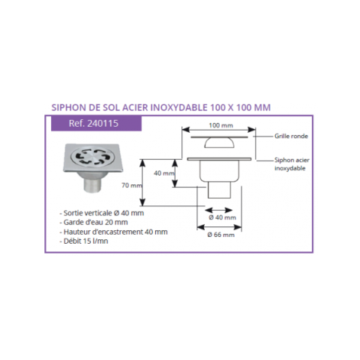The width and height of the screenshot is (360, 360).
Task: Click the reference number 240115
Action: pyautogui.click(x=103, y=124)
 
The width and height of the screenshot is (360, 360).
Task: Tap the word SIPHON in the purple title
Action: pyautogui.click(x=68, y=107)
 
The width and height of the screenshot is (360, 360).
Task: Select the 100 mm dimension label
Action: pyautogui.click(x=220, y=125)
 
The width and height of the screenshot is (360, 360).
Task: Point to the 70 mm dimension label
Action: pyautogui.click(x=132, y=185)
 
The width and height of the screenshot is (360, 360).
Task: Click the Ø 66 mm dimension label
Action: pyautogui.click(x=221, y=235)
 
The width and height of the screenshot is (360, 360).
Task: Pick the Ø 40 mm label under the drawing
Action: pyautogui.click(x=222, y=217)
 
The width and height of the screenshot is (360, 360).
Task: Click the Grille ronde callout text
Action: pyautogui.click(x=291, y=136)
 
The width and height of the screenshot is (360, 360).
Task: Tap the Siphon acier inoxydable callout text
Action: pyautogui.click(x=292, y=164)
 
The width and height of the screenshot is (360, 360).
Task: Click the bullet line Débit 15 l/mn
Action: pyautogui.click(x=84, y=241)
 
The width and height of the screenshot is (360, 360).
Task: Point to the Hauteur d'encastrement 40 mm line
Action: pyautogui.click(x=113, y=232)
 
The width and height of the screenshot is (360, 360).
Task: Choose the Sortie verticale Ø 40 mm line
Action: pyautogui.click(x=102, y=213)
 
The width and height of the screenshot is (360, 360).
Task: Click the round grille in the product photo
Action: pyautogui.click(x=90, y=157)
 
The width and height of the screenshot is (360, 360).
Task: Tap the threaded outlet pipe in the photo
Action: pyautogui.click(x=92, y=185)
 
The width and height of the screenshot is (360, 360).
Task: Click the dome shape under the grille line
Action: pyautogui.click(x=219, y=142)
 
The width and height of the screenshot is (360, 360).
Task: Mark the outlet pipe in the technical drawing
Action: pyautogui.click(x=219, y=190)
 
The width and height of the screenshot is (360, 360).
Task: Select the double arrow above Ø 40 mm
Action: pyautogui.click(x=219, y=210)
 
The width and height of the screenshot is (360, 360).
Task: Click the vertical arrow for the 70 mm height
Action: pyautogui.click(x=142, y=182)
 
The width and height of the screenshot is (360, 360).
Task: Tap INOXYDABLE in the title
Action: pyautogui.click(x=179, y=107)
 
